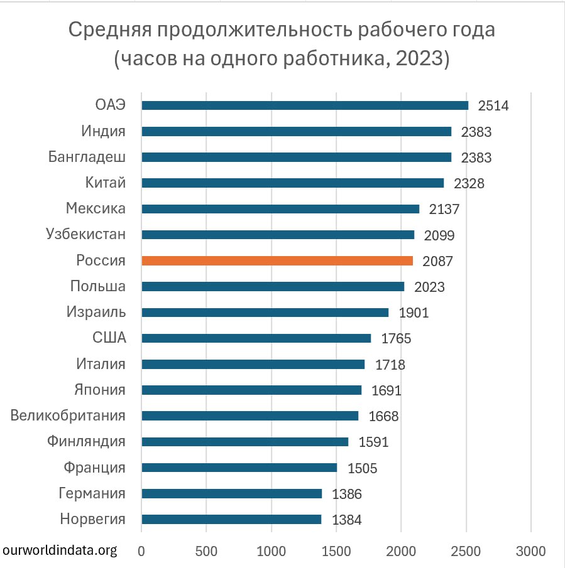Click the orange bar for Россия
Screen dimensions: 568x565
point(277,260)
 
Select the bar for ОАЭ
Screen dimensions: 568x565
point(305,105)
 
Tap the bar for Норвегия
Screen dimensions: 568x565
point(231,519)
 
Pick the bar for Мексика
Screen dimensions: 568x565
point(280,209)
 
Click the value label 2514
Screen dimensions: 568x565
point(493,105)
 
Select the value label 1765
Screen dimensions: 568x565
point(396,339)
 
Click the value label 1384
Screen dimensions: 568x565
point(346,520)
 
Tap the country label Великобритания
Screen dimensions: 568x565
point(68,415)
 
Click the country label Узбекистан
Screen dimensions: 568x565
point(85,234)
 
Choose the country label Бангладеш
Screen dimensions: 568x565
point(87,157)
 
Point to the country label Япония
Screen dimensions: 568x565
point(99,390)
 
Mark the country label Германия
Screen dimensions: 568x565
point(92,493)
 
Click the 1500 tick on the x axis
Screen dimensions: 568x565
point(336,551)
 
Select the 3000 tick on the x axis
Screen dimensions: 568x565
point(531,551)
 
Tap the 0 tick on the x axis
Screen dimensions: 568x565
point(141,551)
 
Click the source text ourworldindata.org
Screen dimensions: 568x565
point(60,550)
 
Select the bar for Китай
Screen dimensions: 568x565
point(292,183)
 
